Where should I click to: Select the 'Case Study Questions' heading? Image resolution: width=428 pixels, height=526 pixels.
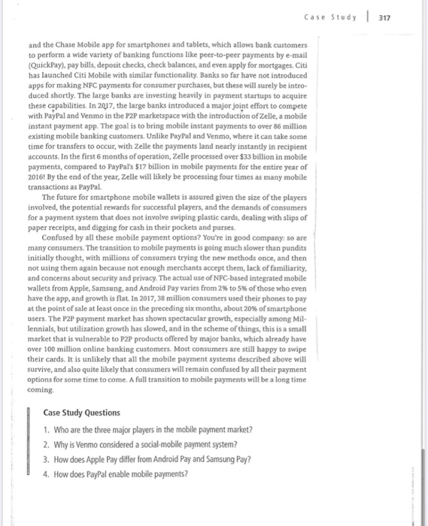coord(81,413)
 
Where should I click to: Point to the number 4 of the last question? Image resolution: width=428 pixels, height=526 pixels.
coord(46,473)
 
